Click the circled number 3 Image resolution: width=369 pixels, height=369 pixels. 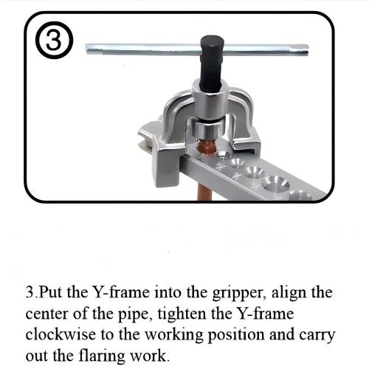pyautogui.click(x=55, y=41)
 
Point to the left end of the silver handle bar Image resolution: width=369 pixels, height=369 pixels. pyautogui.click(x=86, y=49)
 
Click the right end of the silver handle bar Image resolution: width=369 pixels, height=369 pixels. pyautogui.click(x=307, y=49)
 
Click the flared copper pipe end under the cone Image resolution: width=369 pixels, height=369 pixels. pyautogui.click(x=207, y=147)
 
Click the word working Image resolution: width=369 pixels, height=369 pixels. pyautogui.click(x=173, y=336)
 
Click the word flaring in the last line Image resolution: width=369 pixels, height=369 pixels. pyautogui.click(x=102, y=356)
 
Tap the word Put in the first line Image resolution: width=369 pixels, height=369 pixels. pyautogui.click(x=51, y=292)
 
